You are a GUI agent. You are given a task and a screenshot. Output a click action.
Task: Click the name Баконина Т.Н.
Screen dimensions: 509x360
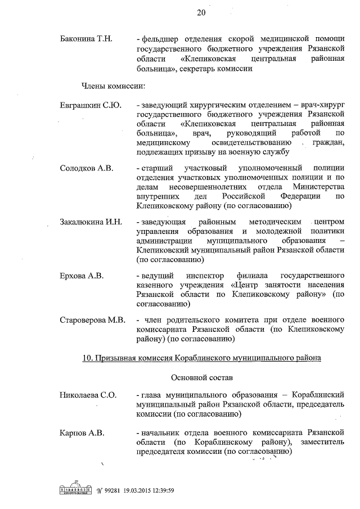87,39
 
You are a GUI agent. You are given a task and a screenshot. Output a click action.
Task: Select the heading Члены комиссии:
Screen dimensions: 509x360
110,87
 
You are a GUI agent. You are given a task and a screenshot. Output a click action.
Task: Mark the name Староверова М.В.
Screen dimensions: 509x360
92,320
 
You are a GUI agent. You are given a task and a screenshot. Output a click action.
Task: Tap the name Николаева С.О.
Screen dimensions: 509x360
88,395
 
